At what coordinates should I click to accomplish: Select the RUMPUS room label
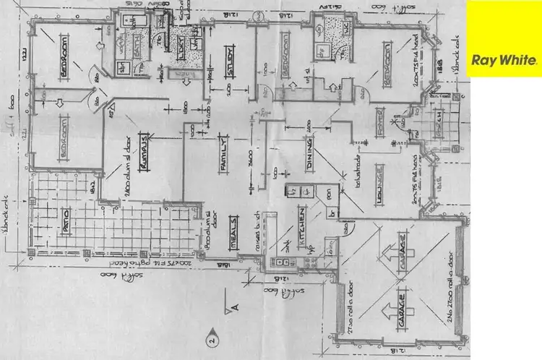click(x=145, y=151)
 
